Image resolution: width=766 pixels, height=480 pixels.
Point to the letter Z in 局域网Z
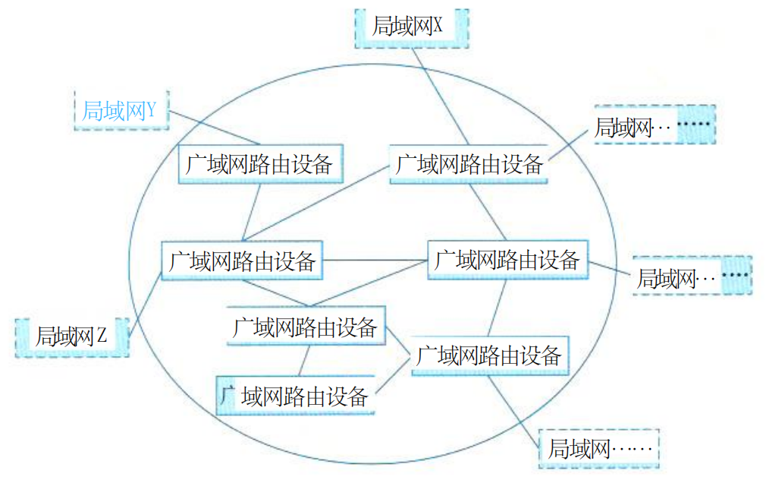102,336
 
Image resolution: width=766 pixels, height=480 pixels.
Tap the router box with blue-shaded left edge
296,395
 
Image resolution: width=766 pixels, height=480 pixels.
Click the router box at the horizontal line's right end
507,261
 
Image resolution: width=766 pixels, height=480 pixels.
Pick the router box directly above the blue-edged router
306,327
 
